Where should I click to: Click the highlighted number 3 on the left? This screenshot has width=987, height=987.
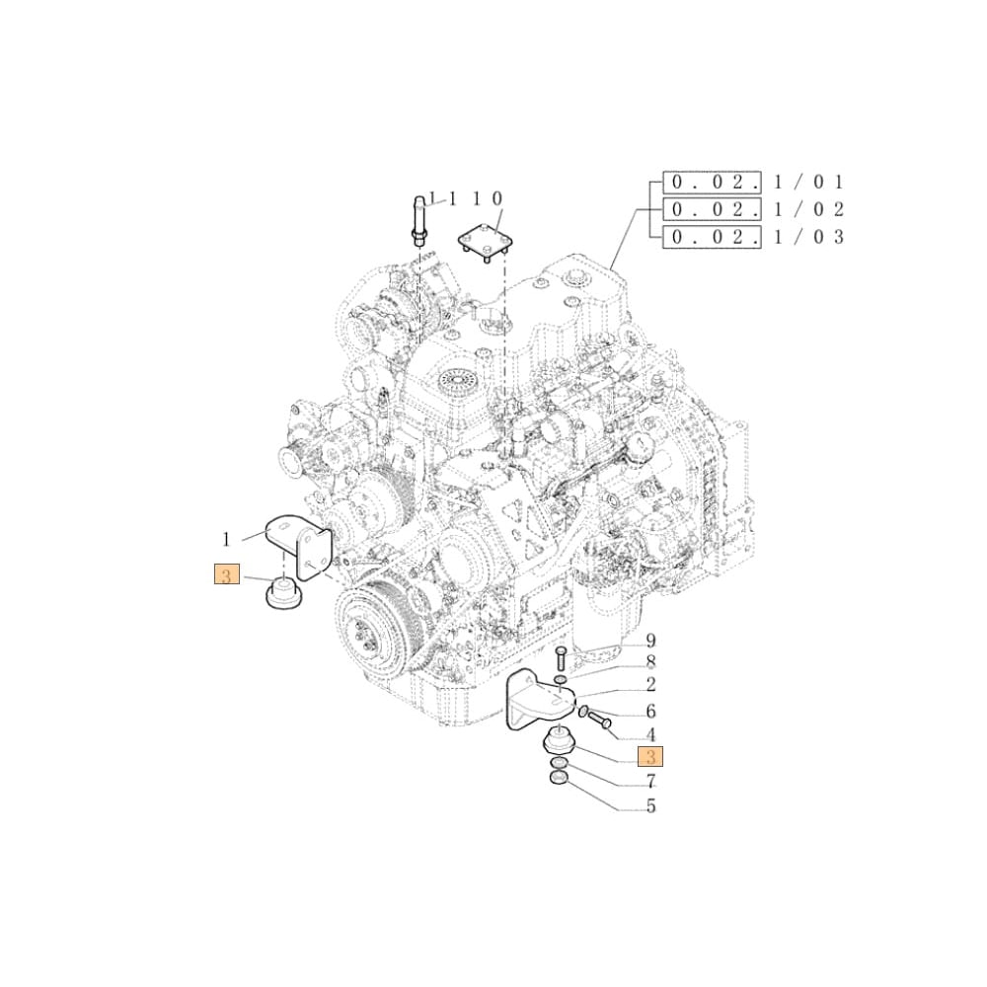point(226,575)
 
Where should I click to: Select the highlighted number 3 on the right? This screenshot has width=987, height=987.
point(650,757)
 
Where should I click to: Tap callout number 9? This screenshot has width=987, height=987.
point(650,641)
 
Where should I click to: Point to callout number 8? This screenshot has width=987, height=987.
point(650,662)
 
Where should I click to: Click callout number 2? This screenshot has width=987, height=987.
point(650,685)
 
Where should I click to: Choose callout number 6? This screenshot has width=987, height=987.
point(650,711)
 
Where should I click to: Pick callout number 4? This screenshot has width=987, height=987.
point(650,734)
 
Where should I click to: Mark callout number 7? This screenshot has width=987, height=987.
point(650,782)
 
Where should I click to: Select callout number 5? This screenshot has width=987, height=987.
point(650,806)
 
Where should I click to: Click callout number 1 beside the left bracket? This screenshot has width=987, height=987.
point(226,539)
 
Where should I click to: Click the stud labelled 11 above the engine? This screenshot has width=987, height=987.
point(418,222)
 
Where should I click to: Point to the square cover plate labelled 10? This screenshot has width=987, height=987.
point(486,241)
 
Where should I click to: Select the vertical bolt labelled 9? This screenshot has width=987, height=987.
point(560,658)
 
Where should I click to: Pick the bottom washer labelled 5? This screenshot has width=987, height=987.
point(557,781)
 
